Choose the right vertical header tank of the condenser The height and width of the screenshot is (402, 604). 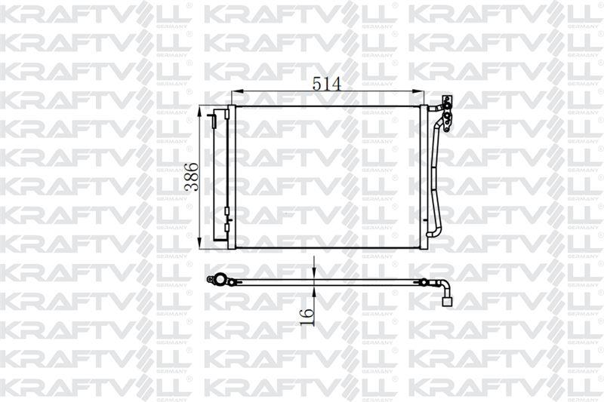423,177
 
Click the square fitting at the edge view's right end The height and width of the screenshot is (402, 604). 447,302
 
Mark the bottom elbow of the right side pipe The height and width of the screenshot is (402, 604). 432,233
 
